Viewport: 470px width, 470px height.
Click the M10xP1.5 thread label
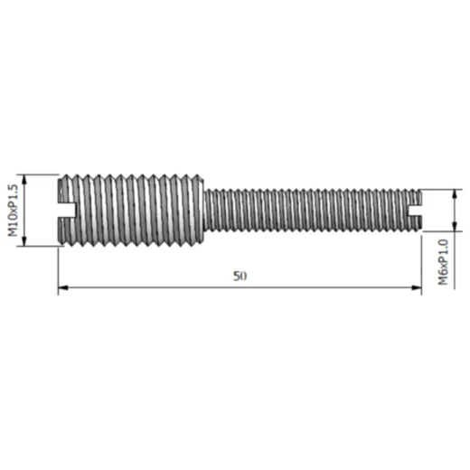coord(13,209)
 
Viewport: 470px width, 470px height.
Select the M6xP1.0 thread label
coord(444,261)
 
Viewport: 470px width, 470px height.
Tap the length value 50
coord(239,276)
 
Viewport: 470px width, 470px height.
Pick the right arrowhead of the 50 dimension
coord(417,288)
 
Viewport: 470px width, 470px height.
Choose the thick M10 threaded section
coord(131,210)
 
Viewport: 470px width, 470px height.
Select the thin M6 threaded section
coord(307,211)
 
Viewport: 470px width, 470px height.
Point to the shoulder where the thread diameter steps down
coord(202,210)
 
